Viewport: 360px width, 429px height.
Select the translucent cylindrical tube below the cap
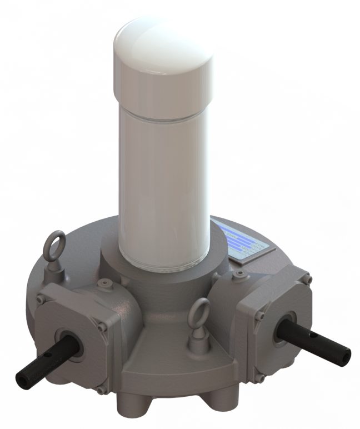164,183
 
